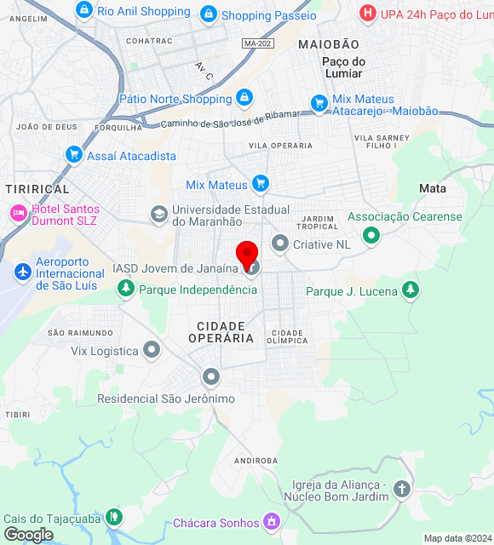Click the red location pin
247,254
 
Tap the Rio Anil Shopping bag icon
83,10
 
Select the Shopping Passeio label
268,15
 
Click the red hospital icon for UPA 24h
367,13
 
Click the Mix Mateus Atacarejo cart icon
319,104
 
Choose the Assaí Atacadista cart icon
74,155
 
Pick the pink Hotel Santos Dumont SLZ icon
17,212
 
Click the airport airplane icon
22,272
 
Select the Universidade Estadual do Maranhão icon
158,214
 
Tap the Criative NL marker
279,244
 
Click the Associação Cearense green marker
370,234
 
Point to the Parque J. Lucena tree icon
411,290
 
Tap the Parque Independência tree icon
125,289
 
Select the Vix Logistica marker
152,349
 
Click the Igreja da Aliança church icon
401,489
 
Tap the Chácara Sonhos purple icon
271,519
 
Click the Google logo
27,535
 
